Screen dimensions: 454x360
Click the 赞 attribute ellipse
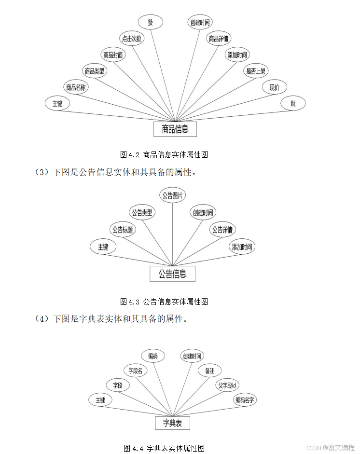[151, 22]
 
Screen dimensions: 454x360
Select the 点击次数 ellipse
[131, 39]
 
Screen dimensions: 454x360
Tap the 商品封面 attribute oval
[113, 55]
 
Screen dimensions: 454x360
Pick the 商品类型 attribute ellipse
[95, 71]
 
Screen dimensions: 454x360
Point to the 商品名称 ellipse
[76, 87]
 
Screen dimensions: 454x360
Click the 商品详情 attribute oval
[219, 39]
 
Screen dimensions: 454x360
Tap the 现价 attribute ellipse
[274, 87]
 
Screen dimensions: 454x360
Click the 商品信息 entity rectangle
[175, 129]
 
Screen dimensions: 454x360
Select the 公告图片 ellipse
[173, 195]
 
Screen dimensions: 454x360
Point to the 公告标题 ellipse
[123, 230]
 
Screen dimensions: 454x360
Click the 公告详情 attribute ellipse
[223, 230]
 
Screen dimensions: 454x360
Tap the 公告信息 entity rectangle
[173, 274]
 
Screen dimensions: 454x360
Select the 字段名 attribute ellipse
[135, 371]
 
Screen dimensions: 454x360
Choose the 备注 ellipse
[209, 371]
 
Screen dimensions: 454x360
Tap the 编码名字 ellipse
[245, 400]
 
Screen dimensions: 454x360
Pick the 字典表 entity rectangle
[172, 423]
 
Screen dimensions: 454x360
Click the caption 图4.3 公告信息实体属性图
[164, 302]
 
